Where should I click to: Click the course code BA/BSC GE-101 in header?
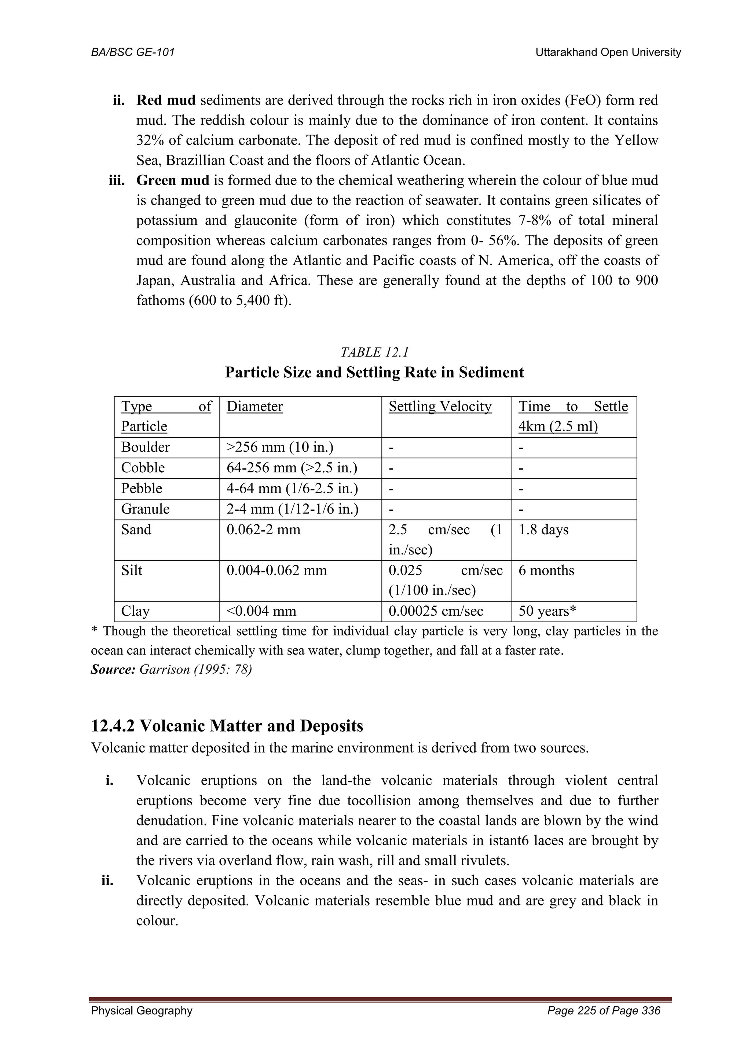pos(133,52)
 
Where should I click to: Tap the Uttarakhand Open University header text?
pos(608,52)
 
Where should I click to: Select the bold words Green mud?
pos(172,180)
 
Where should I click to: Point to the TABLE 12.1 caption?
pos(374,352)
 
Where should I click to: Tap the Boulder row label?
pos(145,447)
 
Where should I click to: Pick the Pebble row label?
pos(142,488)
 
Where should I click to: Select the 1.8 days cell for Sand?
pos(543,530)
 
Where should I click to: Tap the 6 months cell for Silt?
pos(546,570)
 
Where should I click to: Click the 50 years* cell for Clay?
pos(547,611)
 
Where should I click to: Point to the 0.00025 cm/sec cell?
pos(435,611)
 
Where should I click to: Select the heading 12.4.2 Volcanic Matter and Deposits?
pos(227,726)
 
